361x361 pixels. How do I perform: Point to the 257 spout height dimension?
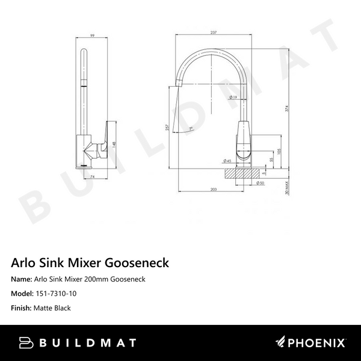(x=168, y=128)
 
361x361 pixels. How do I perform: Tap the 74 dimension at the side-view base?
(x=93, y=177)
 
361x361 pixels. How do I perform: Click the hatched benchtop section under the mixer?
(x=243, y=173)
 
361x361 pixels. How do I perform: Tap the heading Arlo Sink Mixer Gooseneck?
(x=90, y=263)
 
